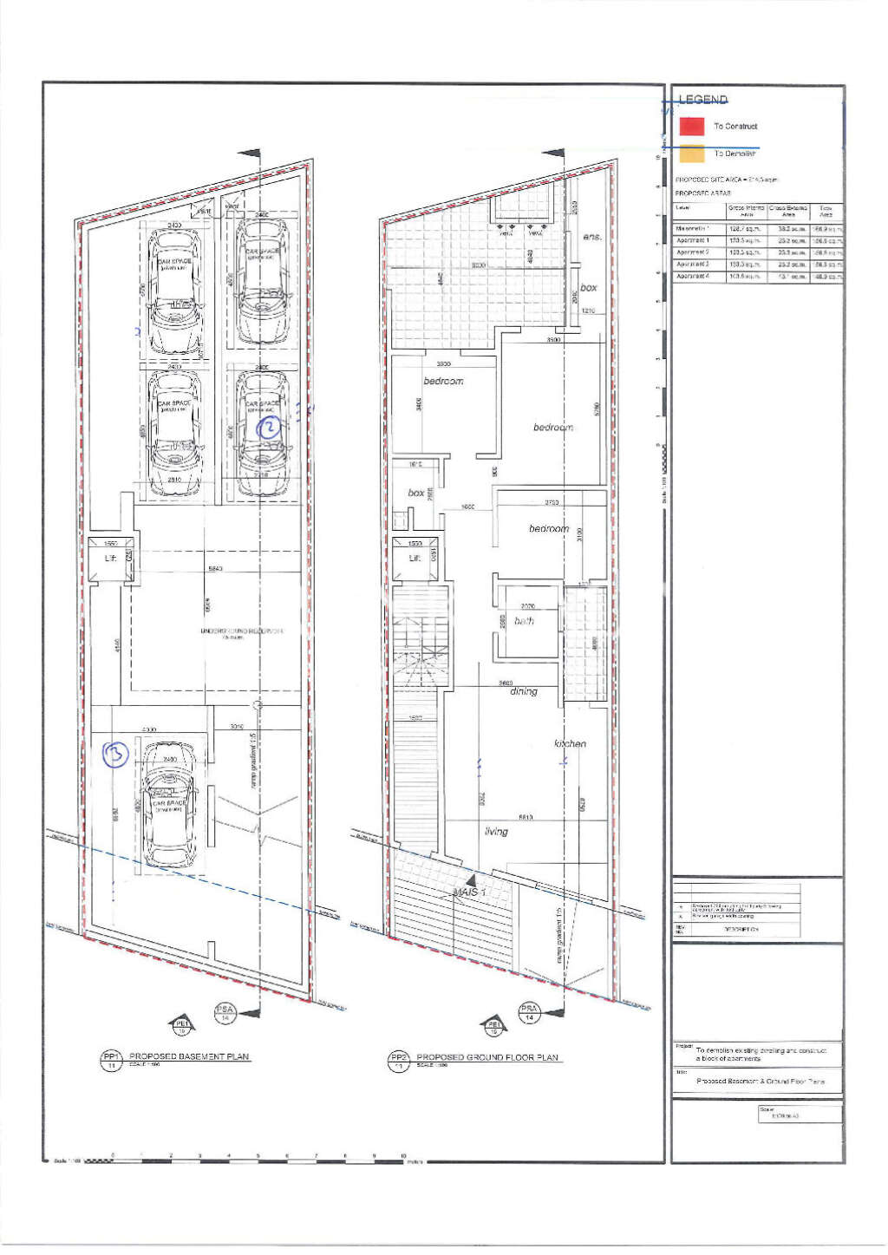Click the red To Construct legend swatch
691,126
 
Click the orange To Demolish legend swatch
691,154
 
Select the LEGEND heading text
703,100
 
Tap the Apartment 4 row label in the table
693,276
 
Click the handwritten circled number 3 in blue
115,754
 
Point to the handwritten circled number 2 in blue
270,427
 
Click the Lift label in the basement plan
110,558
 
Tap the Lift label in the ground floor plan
415,558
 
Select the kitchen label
570,743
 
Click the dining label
524,691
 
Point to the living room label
496,831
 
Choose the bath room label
524,621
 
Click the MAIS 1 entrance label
471,892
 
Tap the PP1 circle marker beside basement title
111,1060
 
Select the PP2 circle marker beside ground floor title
398,1060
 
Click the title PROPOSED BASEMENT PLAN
189,1056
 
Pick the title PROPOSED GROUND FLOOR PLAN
487,1057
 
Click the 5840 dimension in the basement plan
215,569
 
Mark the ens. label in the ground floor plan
592,237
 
